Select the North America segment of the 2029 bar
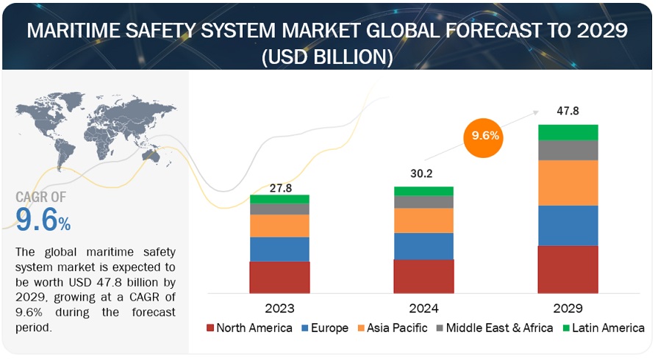click(568, 269)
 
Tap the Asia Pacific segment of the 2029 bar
click(568, 182)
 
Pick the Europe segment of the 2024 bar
click(423, 246)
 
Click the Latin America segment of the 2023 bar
click(279, 199)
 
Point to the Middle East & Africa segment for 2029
click(568, 150)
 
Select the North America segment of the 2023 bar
click(279, 277)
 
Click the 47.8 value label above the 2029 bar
click(568, 111)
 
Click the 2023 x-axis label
click(279, 307)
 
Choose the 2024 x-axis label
click(423, 307)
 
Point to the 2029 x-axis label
click(568, 307)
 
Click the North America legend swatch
click(211, 328)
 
